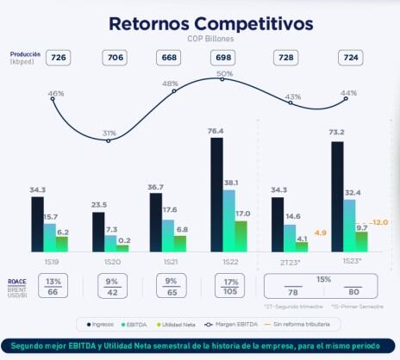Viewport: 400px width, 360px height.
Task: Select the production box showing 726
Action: click(x=59, y=58)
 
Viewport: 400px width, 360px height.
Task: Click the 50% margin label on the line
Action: click(x=225, y=74)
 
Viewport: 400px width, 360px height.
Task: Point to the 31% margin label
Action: click(x=109, y=133)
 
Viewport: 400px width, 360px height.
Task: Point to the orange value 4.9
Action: click(x=319, y=233)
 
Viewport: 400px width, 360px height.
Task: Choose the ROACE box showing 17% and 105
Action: click(x=230, y=286)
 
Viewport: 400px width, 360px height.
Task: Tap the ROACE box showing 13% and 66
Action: click(x=53, y=286)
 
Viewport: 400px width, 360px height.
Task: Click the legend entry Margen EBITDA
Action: click(x=232, y=324)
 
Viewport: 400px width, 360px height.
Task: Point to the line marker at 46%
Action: click(x=53, y=99)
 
